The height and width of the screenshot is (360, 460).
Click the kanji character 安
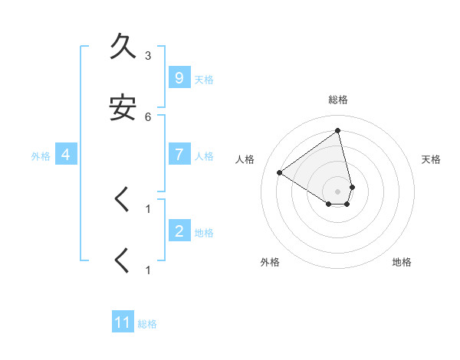tap(123, 107)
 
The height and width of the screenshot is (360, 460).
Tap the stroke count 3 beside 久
tap(148, 56)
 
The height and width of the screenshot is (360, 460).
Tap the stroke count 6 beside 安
tap(148, 116)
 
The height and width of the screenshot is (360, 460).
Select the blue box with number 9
tap(179, 78)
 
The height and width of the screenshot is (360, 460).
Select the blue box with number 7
tap(179, 155)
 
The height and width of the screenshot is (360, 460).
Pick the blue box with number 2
tap(179, 231)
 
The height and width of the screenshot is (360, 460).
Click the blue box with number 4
tap(65, 155)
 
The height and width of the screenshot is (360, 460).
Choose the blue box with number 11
tap(123, 322)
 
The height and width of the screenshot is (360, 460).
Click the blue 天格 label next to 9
tap(204, 80)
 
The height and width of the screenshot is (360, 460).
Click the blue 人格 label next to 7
tap(204, 156)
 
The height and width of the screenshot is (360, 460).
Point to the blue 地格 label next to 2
tap(204, 233)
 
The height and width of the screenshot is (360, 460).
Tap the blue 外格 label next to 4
tap(41, 156)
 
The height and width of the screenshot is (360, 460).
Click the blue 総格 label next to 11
tap(147, 324)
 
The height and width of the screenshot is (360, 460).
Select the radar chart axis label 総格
tap(338, 100)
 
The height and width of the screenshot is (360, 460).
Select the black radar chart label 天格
tap(432, 159)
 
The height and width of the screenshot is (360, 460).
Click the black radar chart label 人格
tap(245, 159)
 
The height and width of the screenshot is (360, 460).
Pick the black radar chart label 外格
tap(270, 262)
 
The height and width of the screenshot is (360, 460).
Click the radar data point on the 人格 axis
tap(280, 172)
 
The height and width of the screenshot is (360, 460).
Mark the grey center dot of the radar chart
tap(338, 191)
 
